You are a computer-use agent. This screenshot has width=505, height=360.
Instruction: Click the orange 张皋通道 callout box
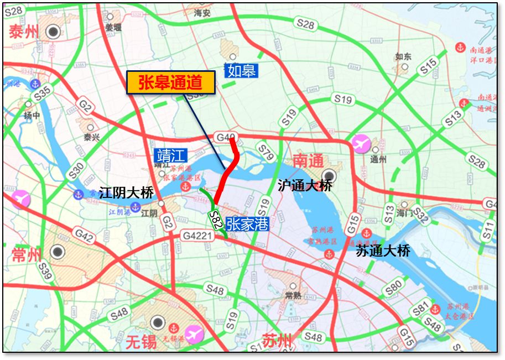[171, 83]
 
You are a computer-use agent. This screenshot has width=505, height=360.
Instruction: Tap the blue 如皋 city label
[241, 71]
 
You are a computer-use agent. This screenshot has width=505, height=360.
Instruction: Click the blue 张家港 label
[247, 223]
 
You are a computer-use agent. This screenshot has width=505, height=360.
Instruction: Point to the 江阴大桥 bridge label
[126, 193]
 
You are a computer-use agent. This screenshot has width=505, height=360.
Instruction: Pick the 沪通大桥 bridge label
[305, 185]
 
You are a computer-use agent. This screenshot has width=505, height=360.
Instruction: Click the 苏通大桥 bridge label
[383, 251]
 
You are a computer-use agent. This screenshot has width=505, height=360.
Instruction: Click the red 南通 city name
[308, 161]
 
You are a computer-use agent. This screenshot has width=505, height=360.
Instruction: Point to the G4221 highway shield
[197, 236]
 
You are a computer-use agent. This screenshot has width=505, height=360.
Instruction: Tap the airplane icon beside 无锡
[194, 334]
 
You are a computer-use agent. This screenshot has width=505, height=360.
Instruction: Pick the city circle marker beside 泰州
[54, 32]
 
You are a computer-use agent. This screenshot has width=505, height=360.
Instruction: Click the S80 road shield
[394, 286]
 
